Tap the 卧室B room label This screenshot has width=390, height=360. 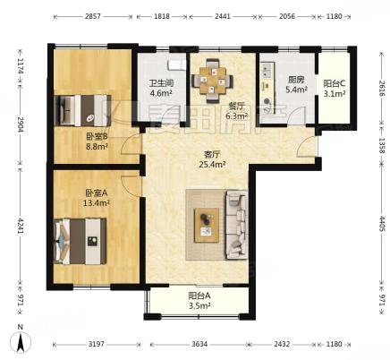click(95, 136)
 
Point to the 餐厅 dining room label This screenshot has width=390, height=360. click(212, 104)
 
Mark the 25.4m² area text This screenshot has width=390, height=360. click(211, 164)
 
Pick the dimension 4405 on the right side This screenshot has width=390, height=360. click(380, 221)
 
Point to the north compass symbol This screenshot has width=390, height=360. click(17, 340)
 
